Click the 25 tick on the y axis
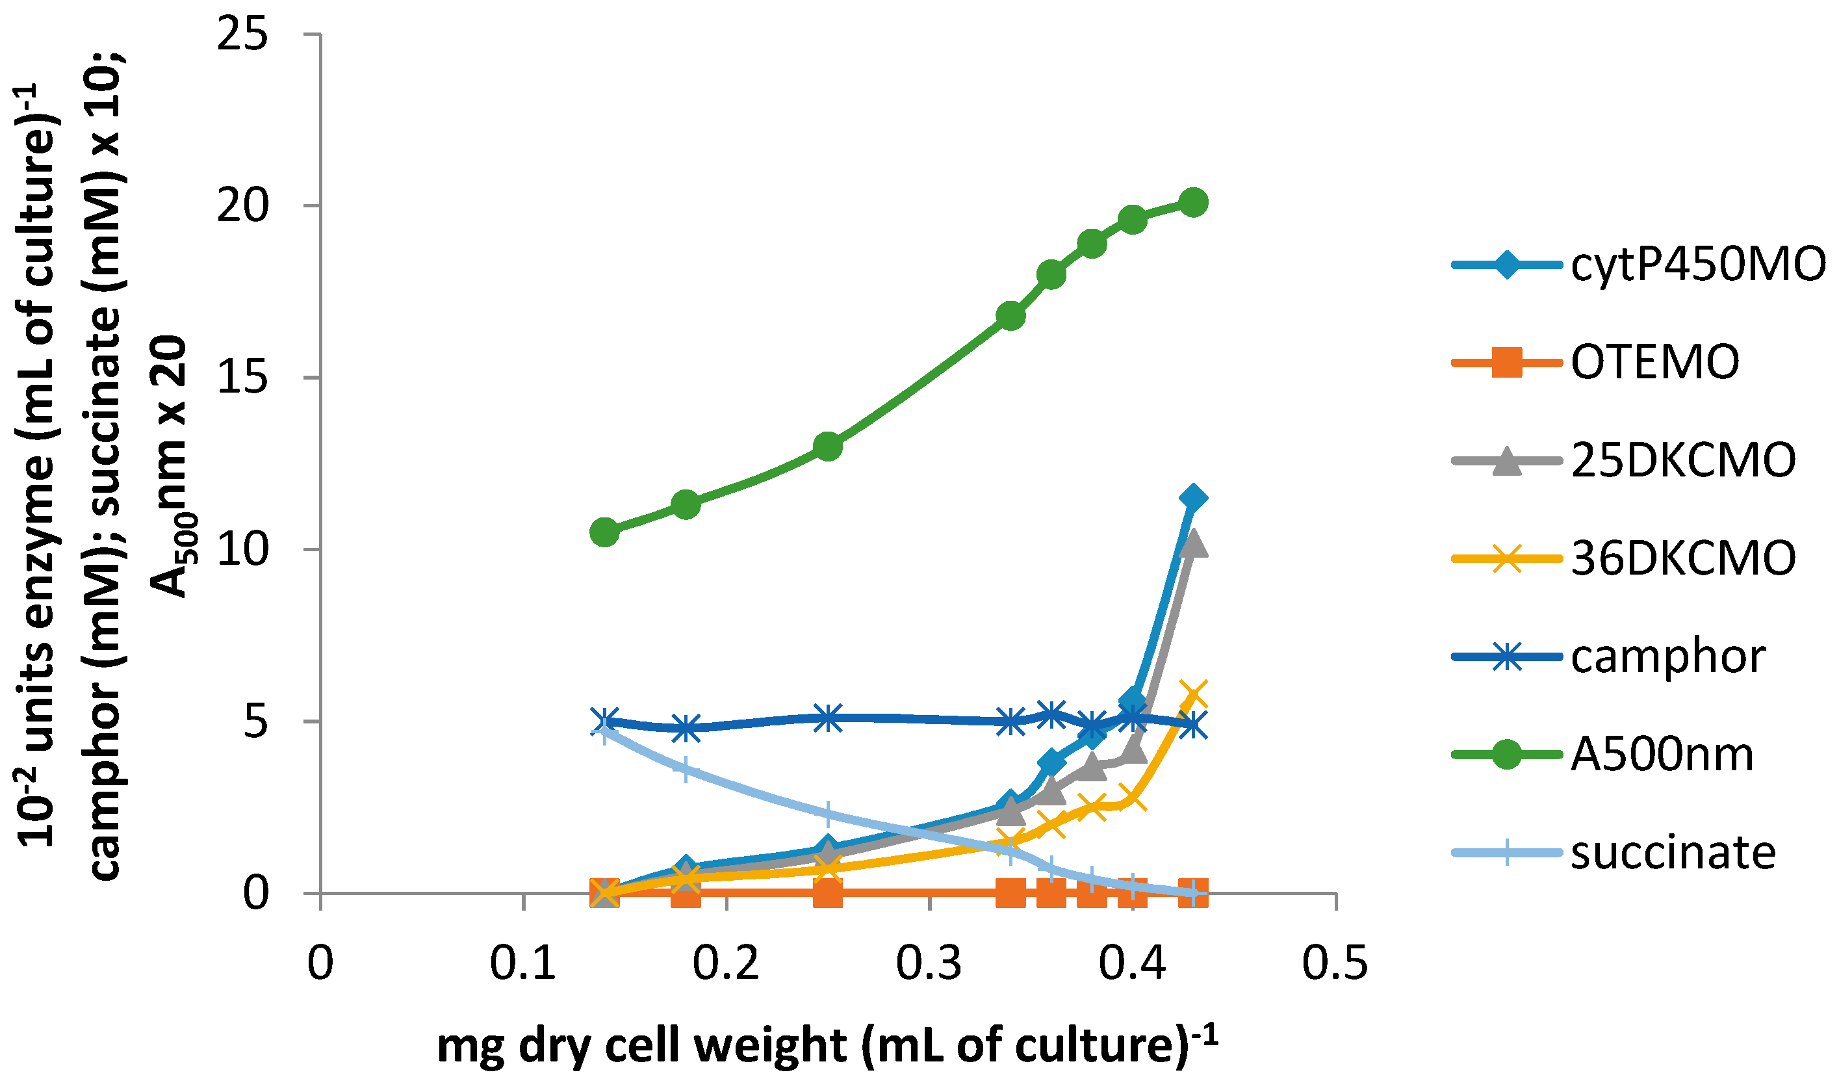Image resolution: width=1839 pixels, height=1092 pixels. (242, 34)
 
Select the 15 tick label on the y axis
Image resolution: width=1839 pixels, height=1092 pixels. (242, 378)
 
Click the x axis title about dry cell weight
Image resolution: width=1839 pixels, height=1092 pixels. (828, 1045)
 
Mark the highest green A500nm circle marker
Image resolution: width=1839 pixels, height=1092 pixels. (1193, 201)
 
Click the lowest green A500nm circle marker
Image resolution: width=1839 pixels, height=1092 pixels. (605, 531)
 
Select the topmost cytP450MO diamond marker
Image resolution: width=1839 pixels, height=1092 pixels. (1193, 498)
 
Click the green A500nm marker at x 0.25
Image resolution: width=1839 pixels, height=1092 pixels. (829, 446)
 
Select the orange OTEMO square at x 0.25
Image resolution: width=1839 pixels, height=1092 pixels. (829, 892)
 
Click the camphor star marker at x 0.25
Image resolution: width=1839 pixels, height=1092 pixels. (829, 718)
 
